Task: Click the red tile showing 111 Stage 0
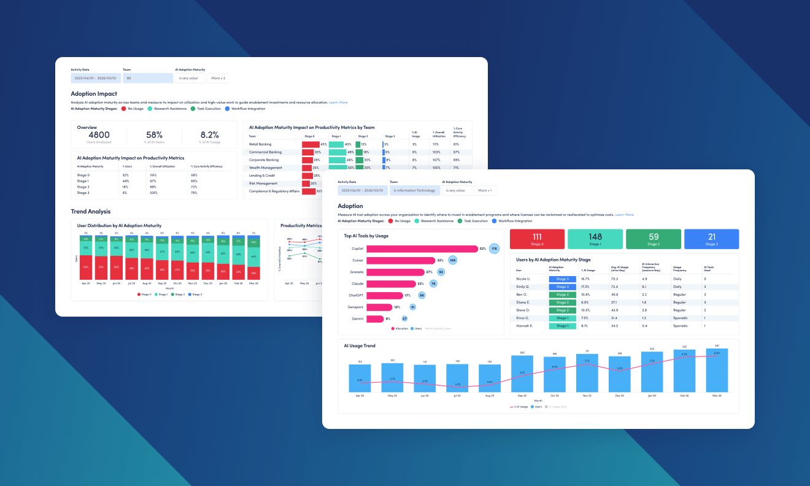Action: [536, 239]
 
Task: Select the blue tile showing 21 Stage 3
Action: [711, 239]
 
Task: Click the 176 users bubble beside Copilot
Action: [494, 249]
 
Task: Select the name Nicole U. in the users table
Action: [524, 279]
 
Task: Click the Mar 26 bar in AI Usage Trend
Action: [712, 371]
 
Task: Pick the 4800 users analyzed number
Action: [99, 135]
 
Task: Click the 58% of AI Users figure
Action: [154, 135]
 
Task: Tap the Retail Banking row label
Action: [260, 144]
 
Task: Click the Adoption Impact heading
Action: [94, 94]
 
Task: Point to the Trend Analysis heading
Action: [91, 212]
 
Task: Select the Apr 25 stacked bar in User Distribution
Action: [86, 258]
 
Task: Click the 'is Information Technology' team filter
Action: [415, 190]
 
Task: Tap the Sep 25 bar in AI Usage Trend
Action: [522, 374]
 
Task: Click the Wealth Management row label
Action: [266, 168]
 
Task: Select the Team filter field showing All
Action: [148, 79]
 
